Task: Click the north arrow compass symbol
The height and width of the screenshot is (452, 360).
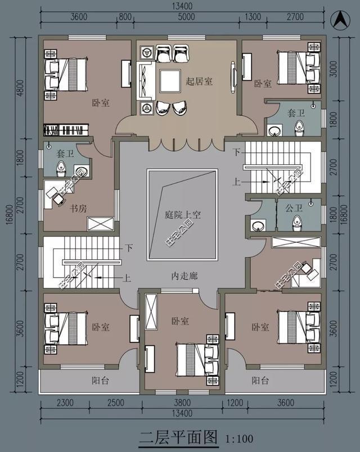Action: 339,19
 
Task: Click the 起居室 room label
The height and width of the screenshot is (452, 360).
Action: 199,82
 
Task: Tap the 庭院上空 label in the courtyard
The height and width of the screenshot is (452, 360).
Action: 183,215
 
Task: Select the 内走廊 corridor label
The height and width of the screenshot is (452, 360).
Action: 183,277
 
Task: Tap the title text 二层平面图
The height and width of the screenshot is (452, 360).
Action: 178,436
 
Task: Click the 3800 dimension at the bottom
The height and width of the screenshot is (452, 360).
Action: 182,403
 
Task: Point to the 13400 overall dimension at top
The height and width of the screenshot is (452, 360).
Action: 182,6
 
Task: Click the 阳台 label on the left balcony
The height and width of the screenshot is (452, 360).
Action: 100,381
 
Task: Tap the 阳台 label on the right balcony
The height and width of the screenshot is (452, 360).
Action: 260,381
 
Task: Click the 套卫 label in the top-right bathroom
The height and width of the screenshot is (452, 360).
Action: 296,113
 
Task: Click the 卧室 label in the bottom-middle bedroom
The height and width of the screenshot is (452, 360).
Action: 180,320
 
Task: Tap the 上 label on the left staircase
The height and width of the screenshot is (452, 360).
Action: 128,277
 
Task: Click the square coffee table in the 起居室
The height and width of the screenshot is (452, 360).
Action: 167,82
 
